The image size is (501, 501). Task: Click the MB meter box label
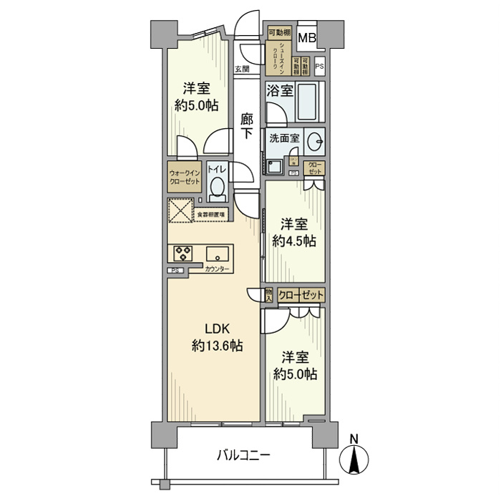307,38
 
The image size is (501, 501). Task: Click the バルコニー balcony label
244,454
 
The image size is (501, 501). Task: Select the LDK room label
217,330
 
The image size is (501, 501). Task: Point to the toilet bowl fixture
218,188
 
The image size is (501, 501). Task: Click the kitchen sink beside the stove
218,253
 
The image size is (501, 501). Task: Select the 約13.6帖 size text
217,346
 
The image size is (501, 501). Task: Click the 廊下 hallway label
247,126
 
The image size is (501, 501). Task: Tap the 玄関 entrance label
242,69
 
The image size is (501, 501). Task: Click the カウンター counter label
217,269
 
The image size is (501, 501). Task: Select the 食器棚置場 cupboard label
211,214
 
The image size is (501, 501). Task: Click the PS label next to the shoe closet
319,67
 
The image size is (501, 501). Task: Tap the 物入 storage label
268,294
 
